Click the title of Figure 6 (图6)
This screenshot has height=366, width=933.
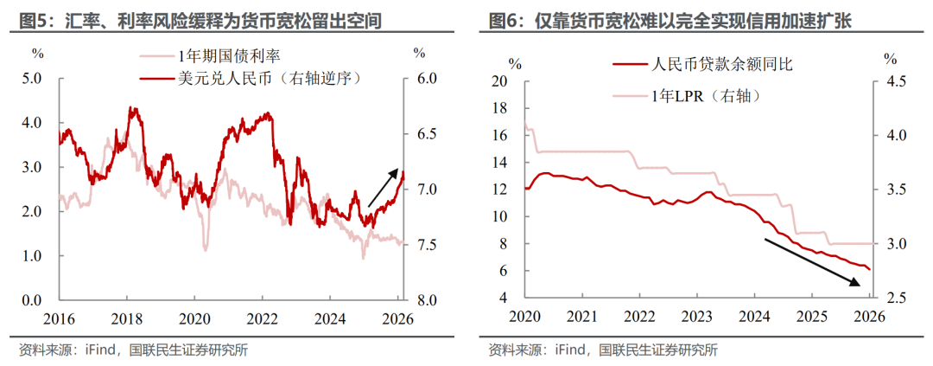click(x=670, y=20)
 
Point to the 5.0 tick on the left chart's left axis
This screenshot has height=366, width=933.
click(x=32, y=79)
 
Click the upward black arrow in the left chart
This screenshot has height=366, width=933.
click(x=385, y=186)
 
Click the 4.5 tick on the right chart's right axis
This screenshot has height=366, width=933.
click(x=892, y=81)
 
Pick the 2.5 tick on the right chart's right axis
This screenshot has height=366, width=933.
click(x=892, y=298)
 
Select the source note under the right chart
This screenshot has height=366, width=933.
click(x=604, y=350)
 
